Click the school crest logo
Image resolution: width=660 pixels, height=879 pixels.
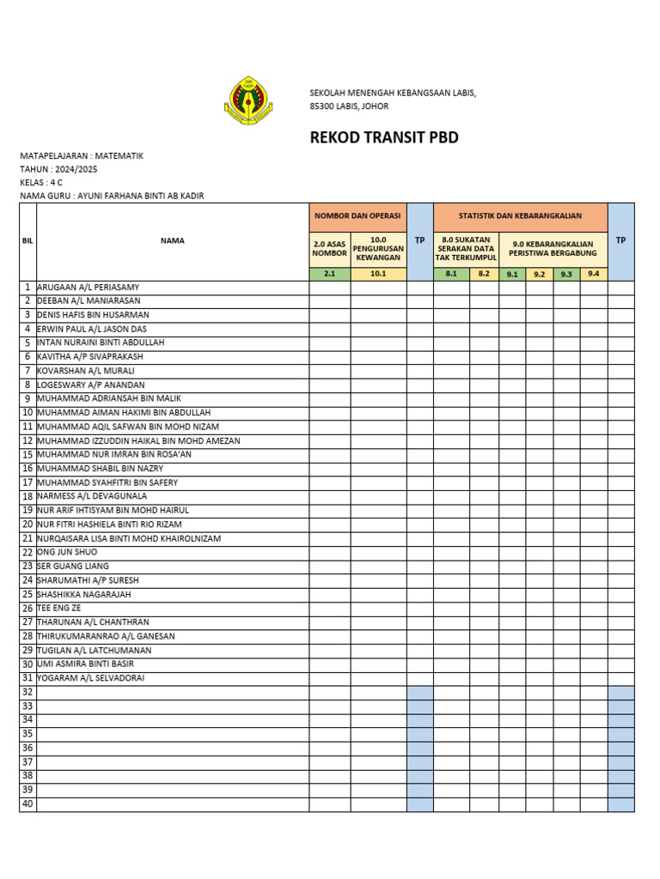point(248,101)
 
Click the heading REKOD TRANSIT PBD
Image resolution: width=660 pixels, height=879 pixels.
point(383,138)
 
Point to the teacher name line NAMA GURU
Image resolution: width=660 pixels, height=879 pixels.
point(112,196)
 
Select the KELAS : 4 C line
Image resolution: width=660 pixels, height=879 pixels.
point(41,183)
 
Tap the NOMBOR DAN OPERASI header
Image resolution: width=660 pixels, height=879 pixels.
point(357,216)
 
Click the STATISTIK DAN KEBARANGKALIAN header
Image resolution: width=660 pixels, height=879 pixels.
point(520,216)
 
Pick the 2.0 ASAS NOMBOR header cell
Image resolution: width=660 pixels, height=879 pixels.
point(330,249)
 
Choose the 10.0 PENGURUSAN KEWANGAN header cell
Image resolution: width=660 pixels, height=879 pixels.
point(378,249)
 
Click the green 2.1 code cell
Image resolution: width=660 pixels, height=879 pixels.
point(330,274)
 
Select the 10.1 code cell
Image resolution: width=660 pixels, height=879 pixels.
point(378,274)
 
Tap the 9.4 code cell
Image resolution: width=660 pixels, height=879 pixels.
point(593,274)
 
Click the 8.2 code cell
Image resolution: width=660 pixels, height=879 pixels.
point(484,274)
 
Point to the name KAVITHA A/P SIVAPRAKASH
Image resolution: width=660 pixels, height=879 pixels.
point(90,356)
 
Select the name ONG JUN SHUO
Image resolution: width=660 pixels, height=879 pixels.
point(67,552)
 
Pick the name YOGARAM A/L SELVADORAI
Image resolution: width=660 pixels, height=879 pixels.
point(91,678)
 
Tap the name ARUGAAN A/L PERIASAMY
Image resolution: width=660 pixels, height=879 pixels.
point(89,287)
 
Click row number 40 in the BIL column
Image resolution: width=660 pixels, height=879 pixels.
point(27,804)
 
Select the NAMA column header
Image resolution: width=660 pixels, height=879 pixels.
point(172,241)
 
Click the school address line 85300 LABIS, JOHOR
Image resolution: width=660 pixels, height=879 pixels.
point(349,106)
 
